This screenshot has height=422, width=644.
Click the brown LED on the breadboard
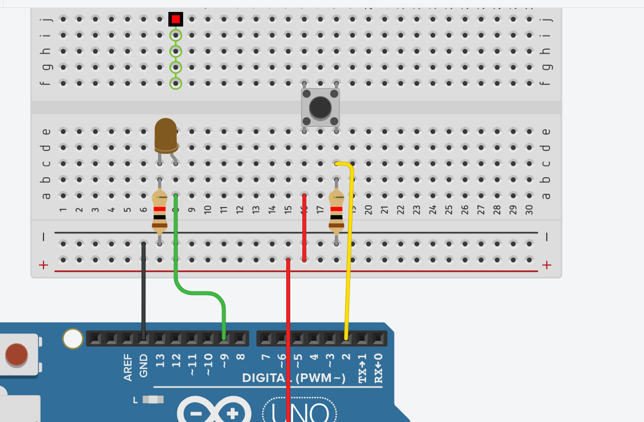(165, 135)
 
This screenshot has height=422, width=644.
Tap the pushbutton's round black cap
(320, 107)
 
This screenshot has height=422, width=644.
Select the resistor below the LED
(160, 212)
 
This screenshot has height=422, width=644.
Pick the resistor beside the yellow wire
(337, 212)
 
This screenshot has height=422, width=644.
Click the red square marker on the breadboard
(176, 19)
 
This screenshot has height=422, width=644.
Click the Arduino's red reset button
(16, 355)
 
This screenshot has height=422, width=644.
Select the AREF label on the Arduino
(128, 367)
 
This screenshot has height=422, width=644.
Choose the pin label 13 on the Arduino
(160, 361)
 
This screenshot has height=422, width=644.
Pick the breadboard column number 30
(530, 210)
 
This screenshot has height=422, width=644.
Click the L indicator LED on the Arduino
(153, 400)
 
